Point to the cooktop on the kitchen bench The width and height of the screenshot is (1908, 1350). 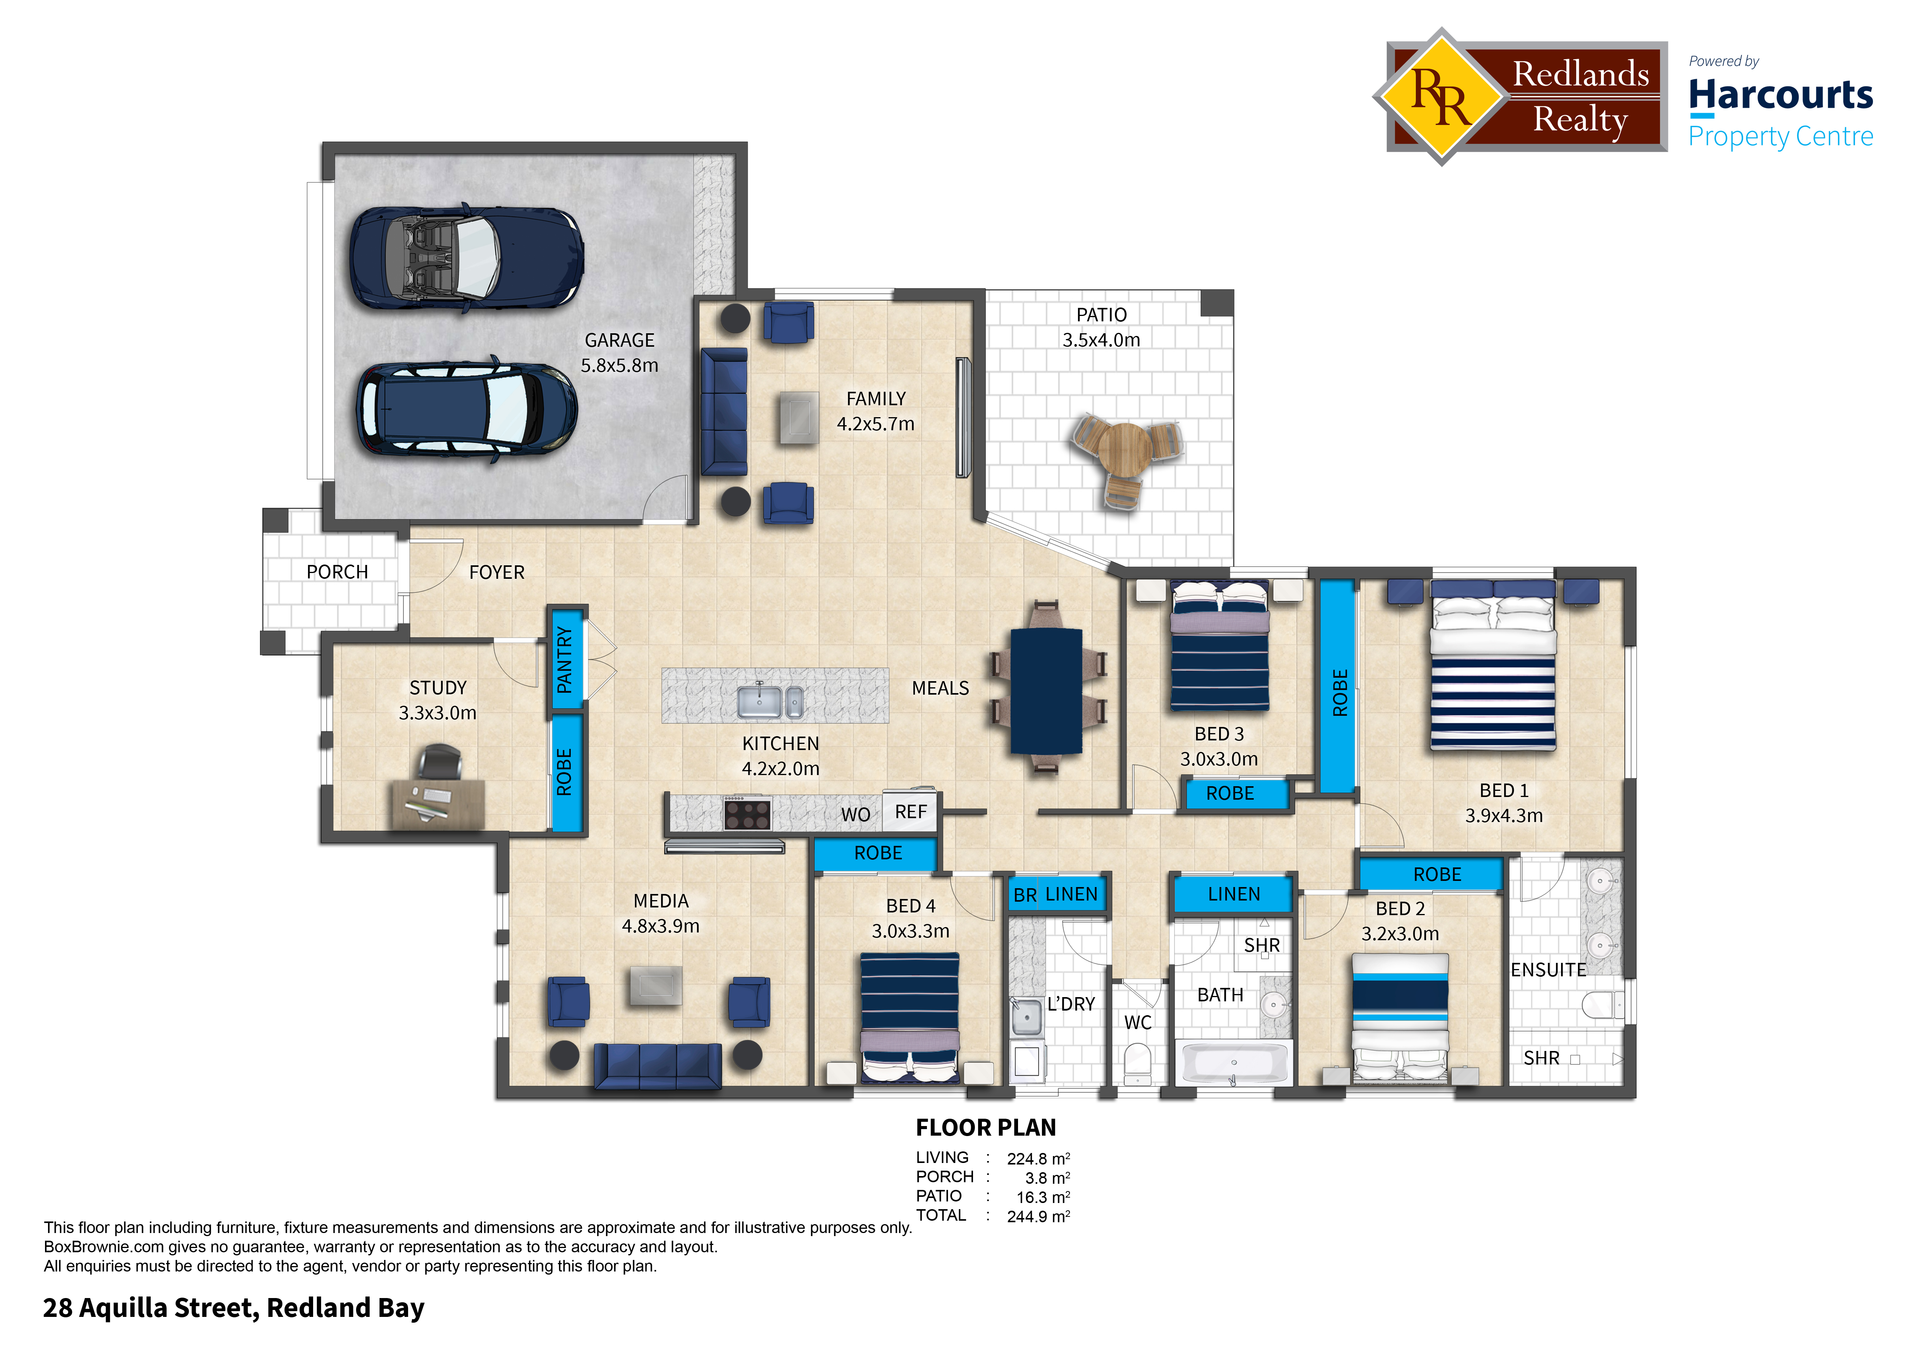pyautogui.click(x=747, y=813)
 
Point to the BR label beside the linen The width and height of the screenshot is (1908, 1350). pyautogui.click(x=1025, y=895)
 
